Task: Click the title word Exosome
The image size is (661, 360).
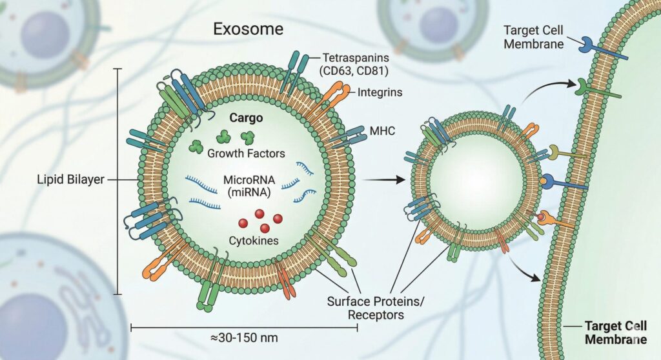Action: click(248, 29)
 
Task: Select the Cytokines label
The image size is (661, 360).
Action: click(253, 241)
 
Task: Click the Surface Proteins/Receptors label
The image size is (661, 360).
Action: click(376, 308)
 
